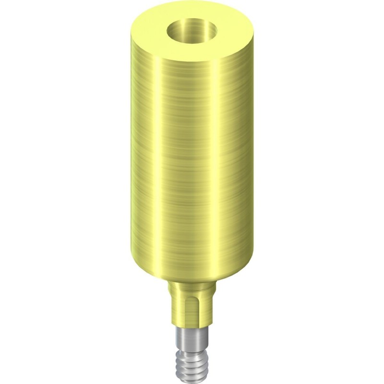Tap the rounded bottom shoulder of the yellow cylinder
(192, 274)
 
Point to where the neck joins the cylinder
(192, 281)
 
